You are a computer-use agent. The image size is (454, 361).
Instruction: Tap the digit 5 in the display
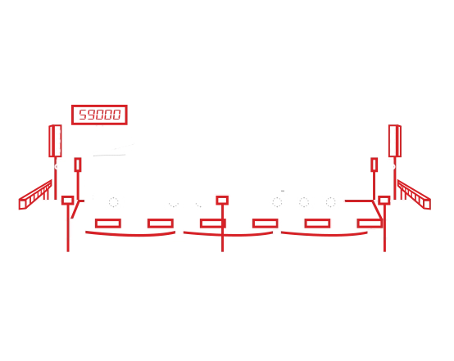tap(83, 115)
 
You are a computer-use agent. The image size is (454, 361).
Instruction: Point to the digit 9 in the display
tap(91, 115)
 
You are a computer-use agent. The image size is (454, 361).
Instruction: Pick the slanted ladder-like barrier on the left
tap(35, 195)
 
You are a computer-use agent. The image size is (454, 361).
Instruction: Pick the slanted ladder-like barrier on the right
tap(414, 195)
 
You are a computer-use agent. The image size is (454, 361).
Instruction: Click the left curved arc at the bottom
tap(130, 235)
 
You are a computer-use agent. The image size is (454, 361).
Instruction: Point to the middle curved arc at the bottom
tap(228, 235)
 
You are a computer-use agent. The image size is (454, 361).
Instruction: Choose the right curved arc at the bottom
tap(325, 235)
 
